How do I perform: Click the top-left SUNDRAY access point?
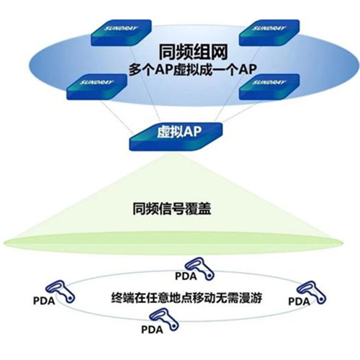coord(121,32)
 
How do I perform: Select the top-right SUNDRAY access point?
coord(269,32)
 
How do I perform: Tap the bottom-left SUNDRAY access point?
coord(96,86)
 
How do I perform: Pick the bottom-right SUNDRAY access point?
coord(269,86)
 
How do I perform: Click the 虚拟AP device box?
coord(176,136)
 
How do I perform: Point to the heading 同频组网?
coord(193,52)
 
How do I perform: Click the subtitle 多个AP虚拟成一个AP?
coord(193,70)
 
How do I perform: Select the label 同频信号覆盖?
coord(172,209)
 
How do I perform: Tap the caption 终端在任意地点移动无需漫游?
coord(186,298)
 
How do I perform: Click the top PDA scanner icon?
coord(199,269)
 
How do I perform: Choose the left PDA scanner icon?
coord(60,292)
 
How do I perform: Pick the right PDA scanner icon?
coord(311,292)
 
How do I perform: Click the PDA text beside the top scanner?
coord(186,276)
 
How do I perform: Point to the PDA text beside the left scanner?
coord(44,301)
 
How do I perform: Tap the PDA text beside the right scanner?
coord(299,302)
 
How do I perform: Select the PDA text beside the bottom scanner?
coord(152,330)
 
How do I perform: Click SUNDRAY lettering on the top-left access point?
coord(121,28)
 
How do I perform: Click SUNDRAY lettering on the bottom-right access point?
coord(269,82)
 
